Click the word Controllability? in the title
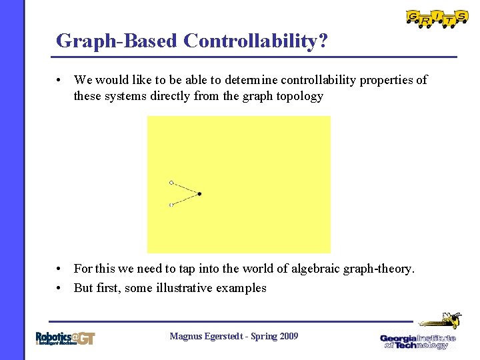tap(255, 41)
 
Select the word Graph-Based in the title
tap(117, 41)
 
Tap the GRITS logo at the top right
tap(437, 18)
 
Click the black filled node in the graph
tap(199, 194)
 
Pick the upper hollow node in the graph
tap(171, 182)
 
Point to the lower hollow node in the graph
tap(171, 205)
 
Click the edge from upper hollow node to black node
tap(185, 188)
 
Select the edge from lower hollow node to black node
tap(185, 199)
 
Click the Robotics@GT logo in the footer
tap(65, 338)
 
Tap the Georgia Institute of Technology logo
tap(418, 341)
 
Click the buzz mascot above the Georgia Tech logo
tap(440, 319)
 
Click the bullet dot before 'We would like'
tap(60, 80)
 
